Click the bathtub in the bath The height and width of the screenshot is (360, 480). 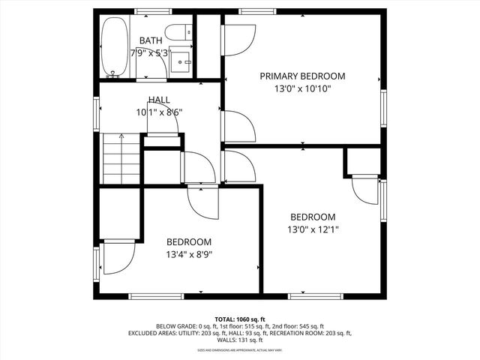[x=114, y=46]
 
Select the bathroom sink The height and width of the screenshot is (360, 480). [x=181, y=60]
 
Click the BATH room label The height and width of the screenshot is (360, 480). [x=151, y=40]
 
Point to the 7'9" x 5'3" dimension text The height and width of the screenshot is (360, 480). [x=150, y=53]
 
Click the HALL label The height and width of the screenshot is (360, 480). [x=158, y=100]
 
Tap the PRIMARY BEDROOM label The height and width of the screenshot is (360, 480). [x=302, y=76]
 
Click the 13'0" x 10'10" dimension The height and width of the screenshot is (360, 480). [x=302, y=88]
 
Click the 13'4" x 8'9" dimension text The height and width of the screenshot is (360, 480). [x=188, y=255]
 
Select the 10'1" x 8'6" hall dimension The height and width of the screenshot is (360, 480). [x=159, y=112]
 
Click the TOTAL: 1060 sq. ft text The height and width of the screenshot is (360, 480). [x=240, y=319]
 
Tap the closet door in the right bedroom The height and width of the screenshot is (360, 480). [x=366, y=190]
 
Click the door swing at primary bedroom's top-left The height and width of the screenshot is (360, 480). [x=241, y=40]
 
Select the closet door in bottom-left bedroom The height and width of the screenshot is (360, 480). [x=115, y=259]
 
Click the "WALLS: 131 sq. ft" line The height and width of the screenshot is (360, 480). [x=240, y=340]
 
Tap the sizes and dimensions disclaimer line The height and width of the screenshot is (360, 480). [x=240, y=349]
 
